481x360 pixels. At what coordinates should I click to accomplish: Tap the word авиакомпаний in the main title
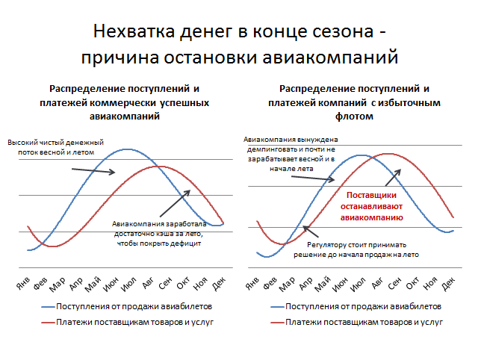click(x=330, y=58)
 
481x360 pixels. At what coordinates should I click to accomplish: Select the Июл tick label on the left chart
click(x=128, y=284)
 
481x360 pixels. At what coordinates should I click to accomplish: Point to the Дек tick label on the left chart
click(x=219, y=283)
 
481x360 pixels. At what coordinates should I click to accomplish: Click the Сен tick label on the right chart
click(x=394, y=283)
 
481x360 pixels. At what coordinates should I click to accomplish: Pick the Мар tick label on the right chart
click(x=287, y=285)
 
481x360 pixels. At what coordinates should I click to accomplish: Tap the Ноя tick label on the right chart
click(x=430, y=283)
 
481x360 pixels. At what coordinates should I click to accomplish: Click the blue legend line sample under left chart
click(x=48, y=307)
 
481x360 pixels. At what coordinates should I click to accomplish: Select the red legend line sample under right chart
click(x=277, y=323)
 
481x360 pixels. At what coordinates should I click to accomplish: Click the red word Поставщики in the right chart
click(x=371, y=196)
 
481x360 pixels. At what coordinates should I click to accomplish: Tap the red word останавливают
click(x=371, y=207)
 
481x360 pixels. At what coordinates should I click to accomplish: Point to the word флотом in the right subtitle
click(x=354, y=117)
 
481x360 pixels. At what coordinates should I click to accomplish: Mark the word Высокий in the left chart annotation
click(x=20, y=143)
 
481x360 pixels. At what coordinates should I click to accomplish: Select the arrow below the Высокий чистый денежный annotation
click(x=93, y=170)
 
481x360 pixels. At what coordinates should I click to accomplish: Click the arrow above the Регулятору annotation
click(x=311, y=232)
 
